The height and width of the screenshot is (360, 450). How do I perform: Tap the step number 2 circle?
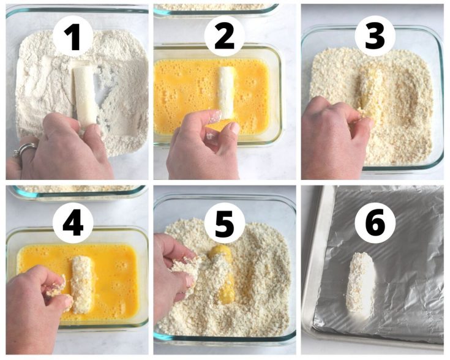click(x=225, y=35)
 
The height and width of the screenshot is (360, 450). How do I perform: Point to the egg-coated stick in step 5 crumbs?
click(x=225, y=276)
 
